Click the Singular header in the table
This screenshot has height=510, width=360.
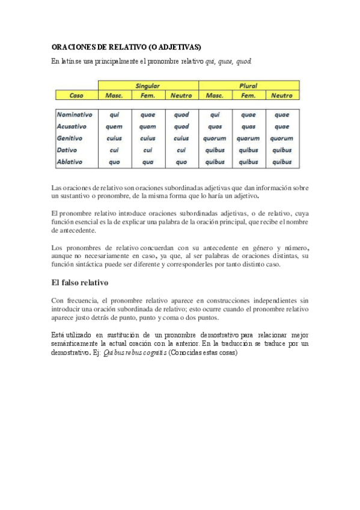(x=147, y=86)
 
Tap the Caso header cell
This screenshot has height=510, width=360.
(x=76, y=96)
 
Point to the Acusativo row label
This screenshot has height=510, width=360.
(x=72, y=126)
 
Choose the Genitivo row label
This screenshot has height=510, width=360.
(x=70, y=138)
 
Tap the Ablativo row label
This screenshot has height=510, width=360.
(x=69, y=161)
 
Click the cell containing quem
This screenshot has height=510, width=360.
(x=114, y=126)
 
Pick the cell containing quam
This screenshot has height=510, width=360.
(x=147, y=126)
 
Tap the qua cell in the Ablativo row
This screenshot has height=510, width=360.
(x=147, y=161)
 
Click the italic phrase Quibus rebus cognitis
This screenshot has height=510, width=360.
(x=136, y=353)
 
